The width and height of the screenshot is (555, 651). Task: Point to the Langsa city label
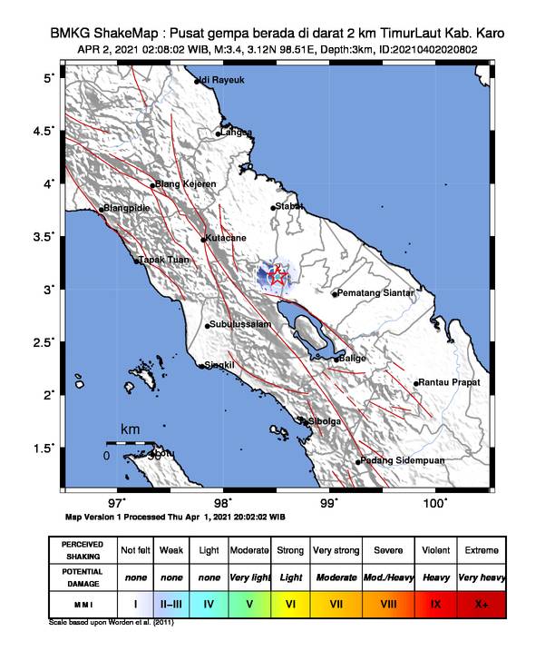(x=235, y=133)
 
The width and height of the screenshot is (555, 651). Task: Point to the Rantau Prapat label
(x=447, y=382)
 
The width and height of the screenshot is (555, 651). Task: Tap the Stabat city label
(x=289, y=207)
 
